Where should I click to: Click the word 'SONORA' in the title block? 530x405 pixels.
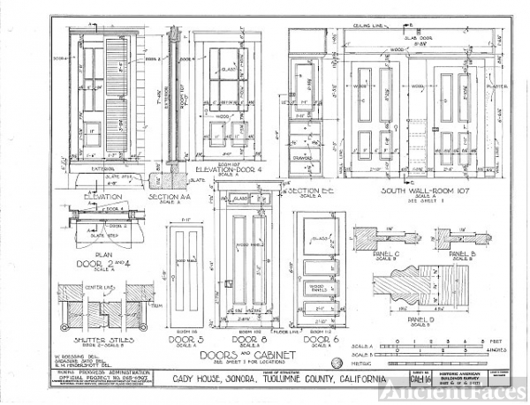click(224, 379)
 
